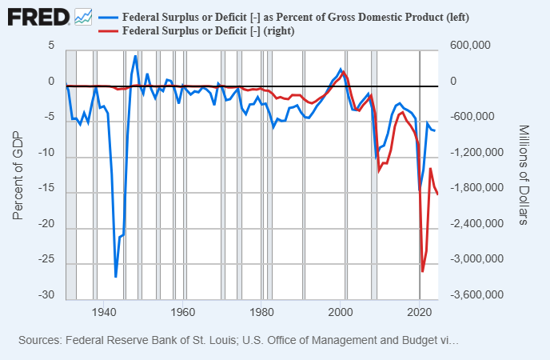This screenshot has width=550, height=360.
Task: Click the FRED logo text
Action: pyautogui.click(x=37, y=16)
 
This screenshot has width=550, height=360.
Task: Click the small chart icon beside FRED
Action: pyautogui.click(x=82, y=16)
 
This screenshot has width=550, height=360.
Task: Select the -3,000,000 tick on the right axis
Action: pyautogui.click(x=475, y=260)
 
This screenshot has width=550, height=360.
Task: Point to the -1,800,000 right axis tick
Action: pyautogui.click(x=475, y=189)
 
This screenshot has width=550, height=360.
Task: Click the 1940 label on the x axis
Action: pyautogui.click(x=103, y=312)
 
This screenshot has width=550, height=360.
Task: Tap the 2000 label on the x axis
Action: pyautogui.click(x=343, y=312)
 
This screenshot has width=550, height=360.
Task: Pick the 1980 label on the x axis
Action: pyautogui.click(x=263, y=312)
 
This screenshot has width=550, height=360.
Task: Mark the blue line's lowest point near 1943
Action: pyautogui.click(x=116, y=277)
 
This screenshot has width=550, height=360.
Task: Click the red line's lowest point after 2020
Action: pyautogui.click(x=422, y=271)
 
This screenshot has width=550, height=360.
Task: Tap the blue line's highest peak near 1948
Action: pyautogui.click(x=135, y=56)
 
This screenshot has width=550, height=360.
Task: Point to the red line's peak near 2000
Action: pyautogui.click(x=344, y=73)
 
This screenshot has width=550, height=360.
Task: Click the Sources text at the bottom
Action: pyautogui.click(x=237, y=341)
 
